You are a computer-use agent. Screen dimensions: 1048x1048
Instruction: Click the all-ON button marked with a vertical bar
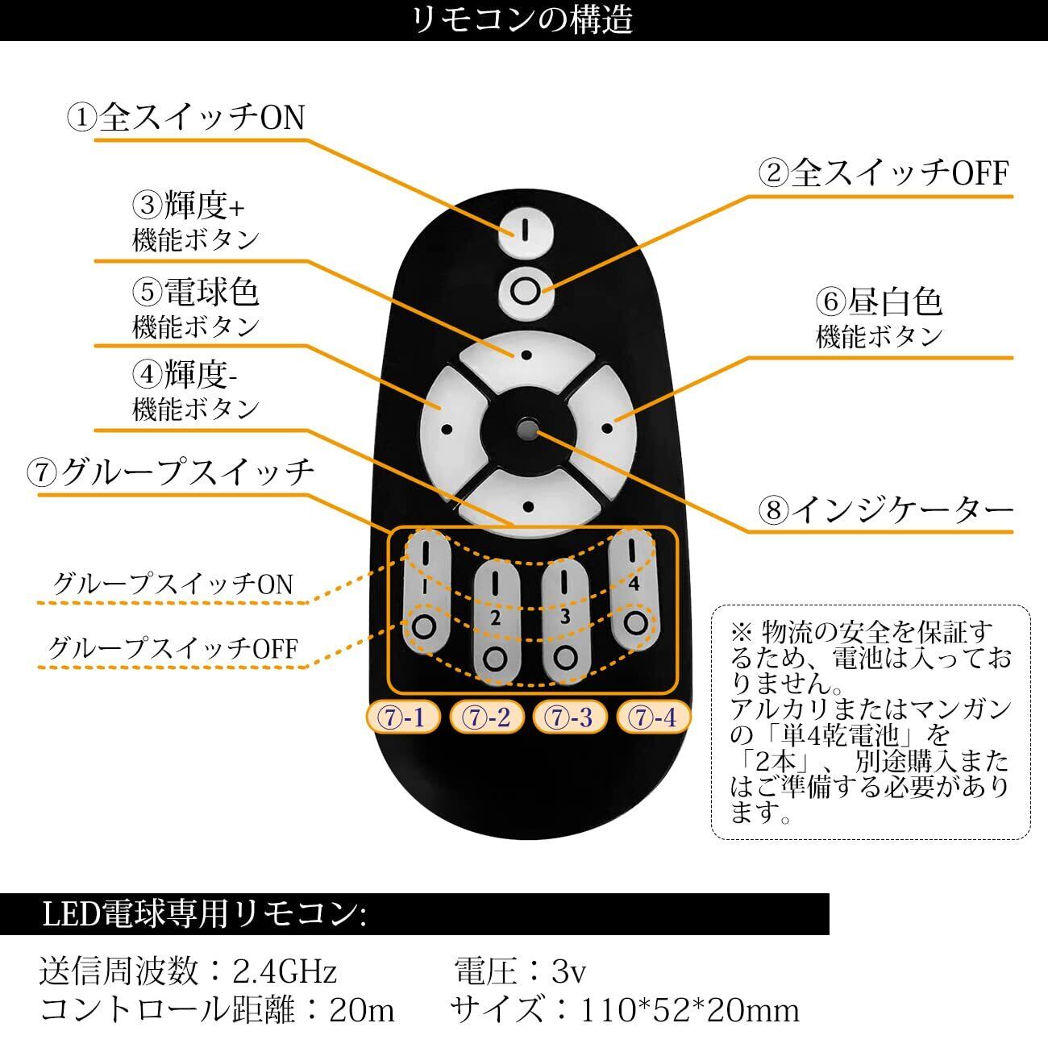(526, 232)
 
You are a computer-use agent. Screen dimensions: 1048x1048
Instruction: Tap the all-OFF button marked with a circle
(526, 292)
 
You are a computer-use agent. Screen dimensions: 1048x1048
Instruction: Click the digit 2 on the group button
(495, 618)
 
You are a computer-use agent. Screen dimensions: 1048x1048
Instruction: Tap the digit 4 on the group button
(634, 584)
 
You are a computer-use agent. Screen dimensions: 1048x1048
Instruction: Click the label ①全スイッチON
(186, 118)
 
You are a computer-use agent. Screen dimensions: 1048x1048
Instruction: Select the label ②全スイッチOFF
(884, 173)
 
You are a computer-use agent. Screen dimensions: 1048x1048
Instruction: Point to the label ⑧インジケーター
(886, 510)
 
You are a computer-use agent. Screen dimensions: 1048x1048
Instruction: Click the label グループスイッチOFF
(173, 648)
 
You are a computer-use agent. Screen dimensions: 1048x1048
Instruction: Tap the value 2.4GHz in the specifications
(285, 971)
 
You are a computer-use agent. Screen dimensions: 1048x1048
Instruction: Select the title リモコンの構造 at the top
(523, 20)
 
